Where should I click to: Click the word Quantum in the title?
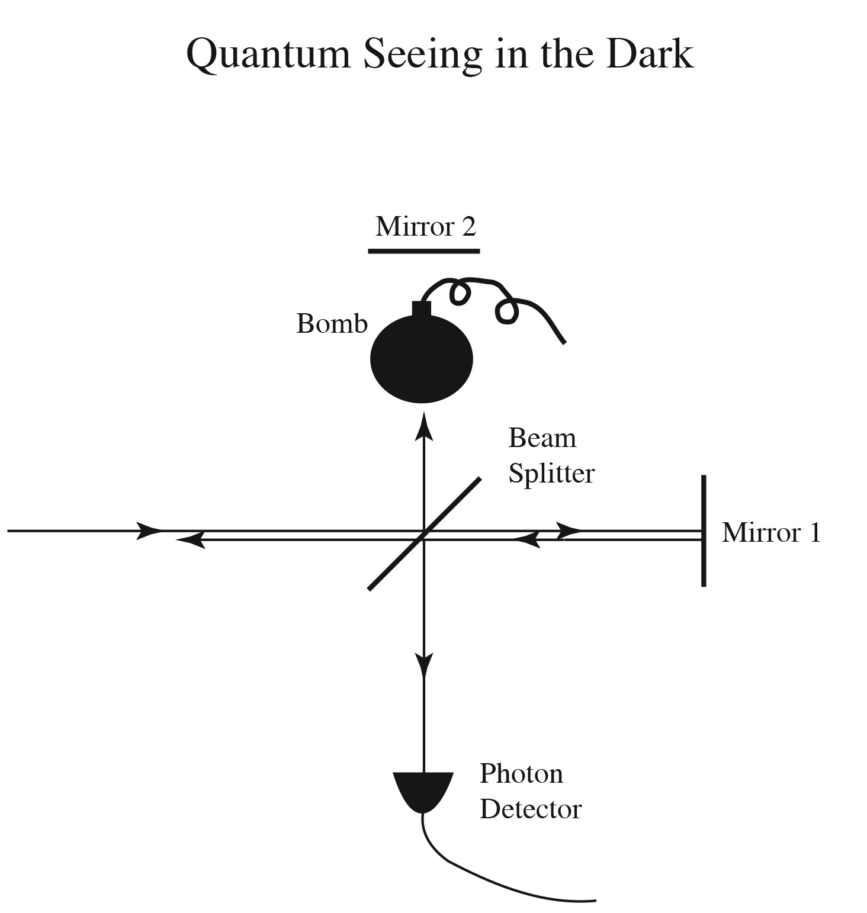268,54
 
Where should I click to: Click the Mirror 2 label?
425,226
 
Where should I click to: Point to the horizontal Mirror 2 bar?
423,251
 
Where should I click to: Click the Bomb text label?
332,323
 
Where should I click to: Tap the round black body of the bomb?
421,359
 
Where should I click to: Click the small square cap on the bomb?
421,309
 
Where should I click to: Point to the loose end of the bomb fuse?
564,342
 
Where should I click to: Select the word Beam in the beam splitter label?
542,438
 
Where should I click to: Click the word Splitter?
551,473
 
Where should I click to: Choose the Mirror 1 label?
771,532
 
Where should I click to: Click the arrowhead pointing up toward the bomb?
423,426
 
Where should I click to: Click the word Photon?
521,774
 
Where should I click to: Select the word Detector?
530,809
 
